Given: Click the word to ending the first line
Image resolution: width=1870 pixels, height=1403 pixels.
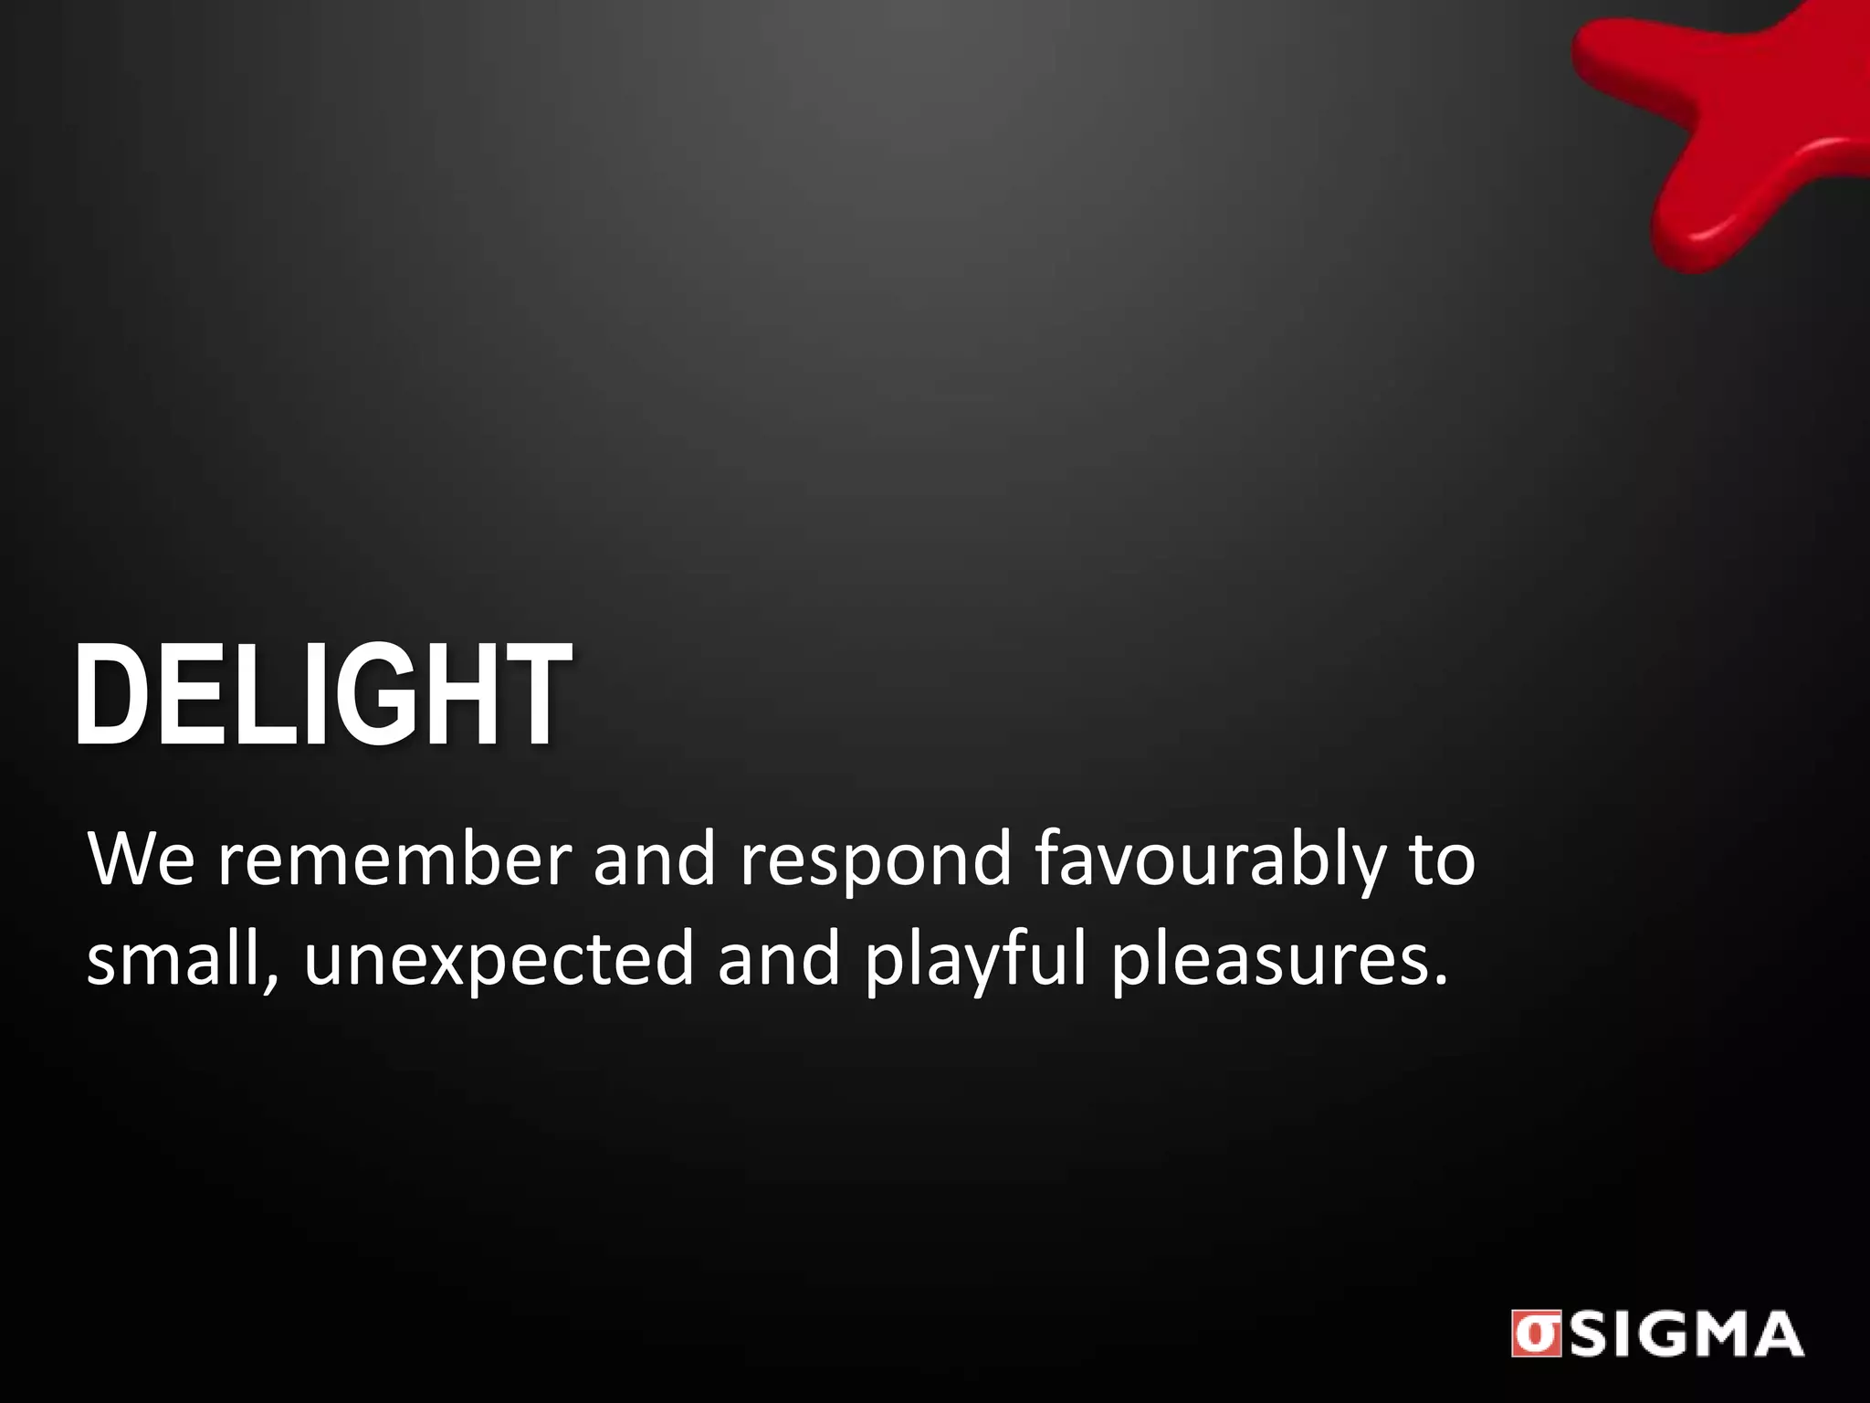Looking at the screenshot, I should coord(1442,861).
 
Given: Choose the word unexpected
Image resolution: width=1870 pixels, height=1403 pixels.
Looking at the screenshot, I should coord(499,962).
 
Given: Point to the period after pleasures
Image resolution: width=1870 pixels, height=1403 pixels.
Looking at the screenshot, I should coord(1441,982).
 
